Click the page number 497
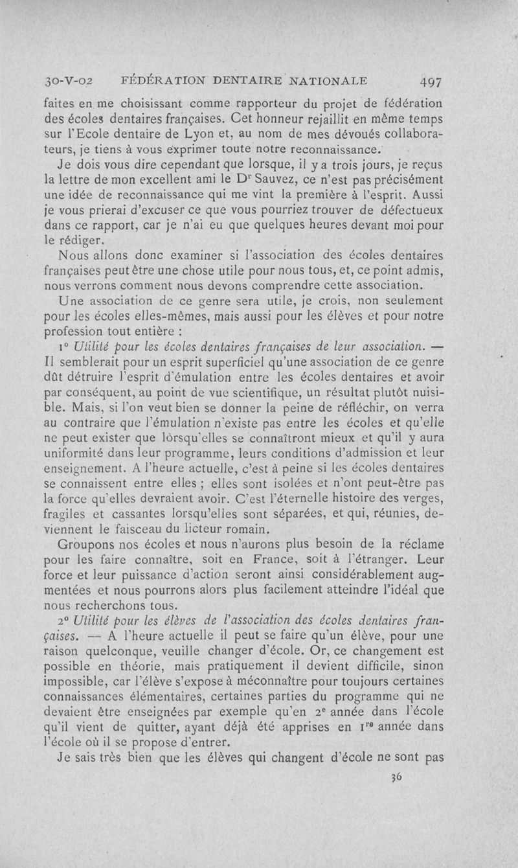[x=431, y=82]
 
